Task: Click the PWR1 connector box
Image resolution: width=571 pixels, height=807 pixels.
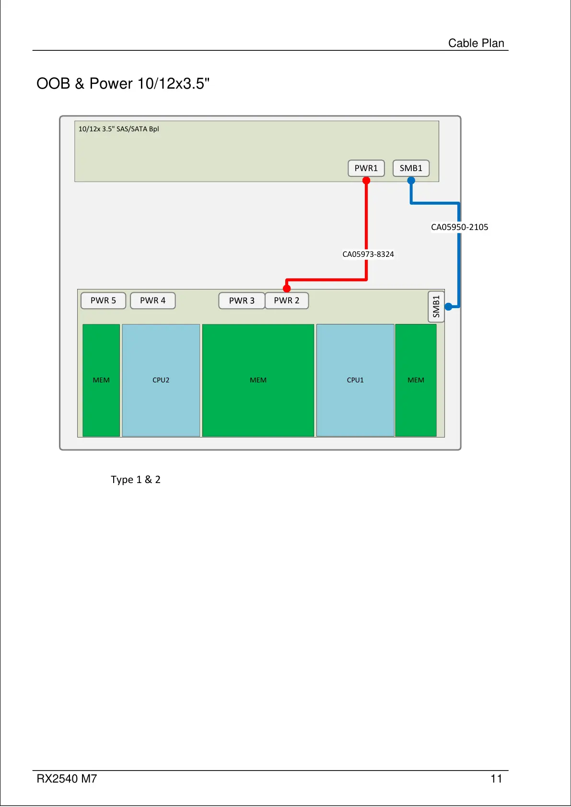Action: click(366, 168)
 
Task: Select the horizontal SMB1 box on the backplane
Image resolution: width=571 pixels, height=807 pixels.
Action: click(411, 168)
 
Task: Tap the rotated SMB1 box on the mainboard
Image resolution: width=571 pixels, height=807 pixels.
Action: click(436, 307)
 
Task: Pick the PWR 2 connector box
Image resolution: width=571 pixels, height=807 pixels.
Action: click(287, 300)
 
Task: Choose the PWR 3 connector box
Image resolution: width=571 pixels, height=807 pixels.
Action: click(242, 300)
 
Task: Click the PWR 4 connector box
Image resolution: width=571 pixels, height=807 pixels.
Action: click(152, 300)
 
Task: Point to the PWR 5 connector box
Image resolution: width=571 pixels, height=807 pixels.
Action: click(103, 300)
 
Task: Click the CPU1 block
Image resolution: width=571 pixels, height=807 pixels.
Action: click(355, 380)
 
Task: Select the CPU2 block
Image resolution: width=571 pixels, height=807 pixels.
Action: click(161, 380)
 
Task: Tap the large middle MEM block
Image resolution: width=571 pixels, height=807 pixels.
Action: click(258, 380)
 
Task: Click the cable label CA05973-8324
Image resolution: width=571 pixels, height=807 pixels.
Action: click(368, 254)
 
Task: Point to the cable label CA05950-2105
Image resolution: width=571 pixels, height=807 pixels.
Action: click(459, 227)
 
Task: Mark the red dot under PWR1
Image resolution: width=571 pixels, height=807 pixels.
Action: click(366, 181)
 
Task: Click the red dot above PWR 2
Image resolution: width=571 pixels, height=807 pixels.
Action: click(287, 288)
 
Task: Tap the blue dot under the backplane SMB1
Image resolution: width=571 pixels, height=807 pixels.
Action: click(411, 181)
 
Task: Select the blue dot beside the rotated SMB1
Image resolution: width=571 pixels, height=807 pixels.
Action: click(448, 307)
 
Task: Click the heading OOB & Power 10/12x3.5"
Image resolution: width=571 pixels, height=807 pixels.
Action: click(123, 84)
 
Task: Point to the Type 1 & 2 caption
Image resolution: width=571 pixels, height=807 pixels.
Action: click(136, 480)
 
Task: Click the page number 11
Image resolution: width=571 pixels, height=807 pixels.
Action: click(496, 779)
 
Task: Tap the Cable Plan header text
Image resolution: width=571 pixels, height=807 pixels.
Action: click(476, 43)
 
